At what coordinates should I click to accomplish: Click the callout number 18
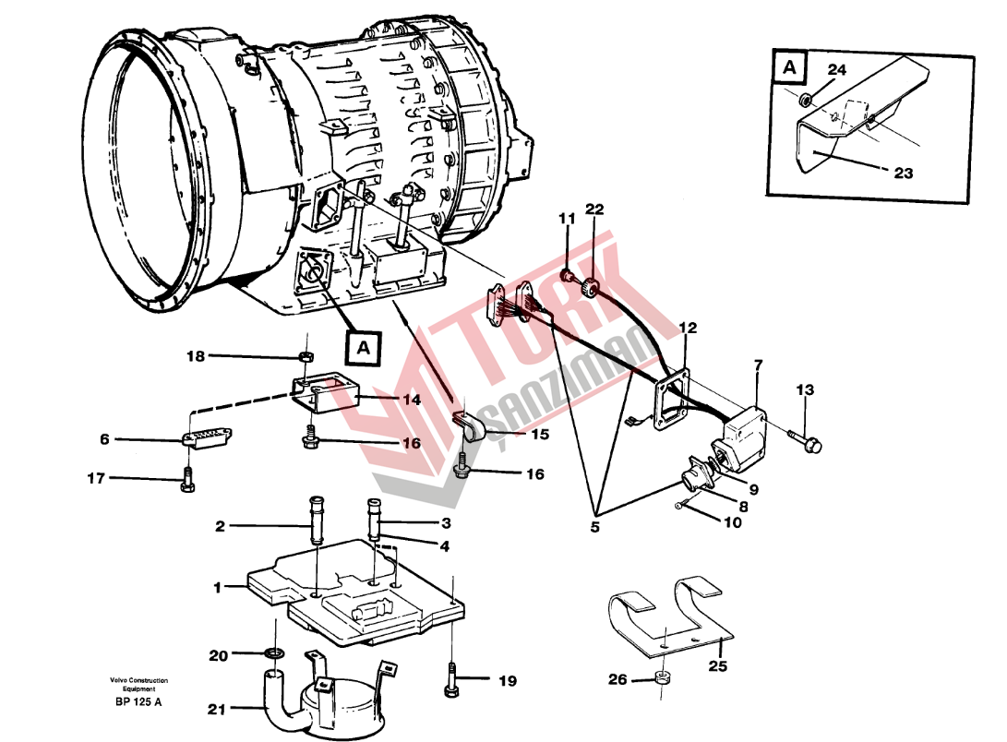point(196,356)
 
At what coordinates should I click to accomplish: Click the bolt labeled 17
point(187,479)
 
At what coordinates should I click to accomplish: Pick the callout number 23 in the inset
point(903,173)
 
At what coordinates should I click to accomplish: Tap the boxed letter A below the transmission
point(364,347)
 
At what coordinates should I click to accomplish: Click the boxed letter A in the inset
point(789,67)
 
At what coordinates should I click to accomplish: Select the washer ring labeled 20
point(275,653)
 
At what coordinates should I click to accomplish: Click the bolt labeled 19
point(450,678)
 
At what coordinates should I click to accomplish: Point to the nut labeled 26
point(661,677)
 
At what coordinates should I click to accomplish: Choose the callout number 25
point(717,665)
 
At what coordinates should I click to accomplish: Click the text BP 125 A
point(138,701)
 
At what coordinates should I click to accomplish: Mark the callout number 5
point(594,527)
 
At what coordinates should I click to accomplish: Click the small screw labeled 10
point(680,505)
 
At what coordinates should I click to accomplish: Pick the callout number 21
point(217,710)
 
